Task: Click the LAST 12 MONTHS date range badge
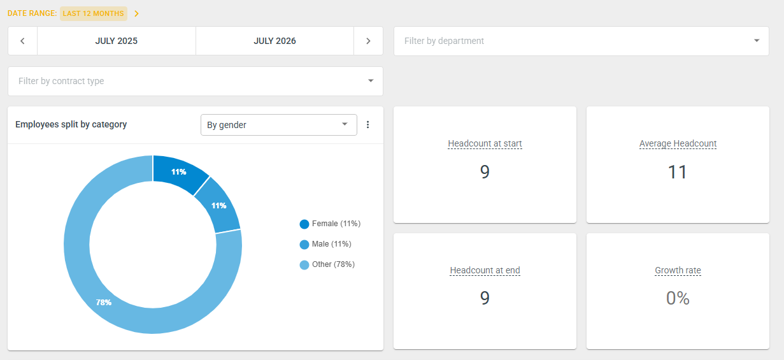tap(94, 13)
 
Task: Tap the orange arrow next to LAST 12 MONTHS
tap(136, 13)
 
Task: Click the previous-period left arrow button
tap(22, 41)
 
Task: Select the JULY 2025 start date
tap(116, 41)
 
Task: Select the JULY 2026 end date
tap(274, 41)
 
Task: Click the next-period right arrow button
tap(368, 41)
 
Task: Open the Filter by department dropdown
tap(581, 41)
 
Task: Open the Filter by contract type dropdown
tap(196, 81)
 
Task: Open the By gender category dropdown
tap(278, 125)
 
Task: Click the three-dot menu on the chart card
tap(367, 125)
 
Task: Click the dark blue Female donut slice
tap(178, 173)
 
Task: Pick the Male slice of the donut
tap(219, 206)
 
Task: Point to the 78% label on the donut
tap(104, 302)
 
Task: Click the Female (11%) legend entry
tap(330, 224)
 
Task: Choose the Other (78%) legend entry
tap(327, 264)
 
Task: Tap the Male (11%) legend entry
tap(325, 244)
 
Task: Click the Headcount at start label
tap(485, 143)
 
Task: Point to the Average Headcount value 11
tap(678, 172)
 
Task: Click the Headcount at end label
tap(485, 270)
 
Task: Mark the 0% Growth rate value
tap(678, 298)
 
